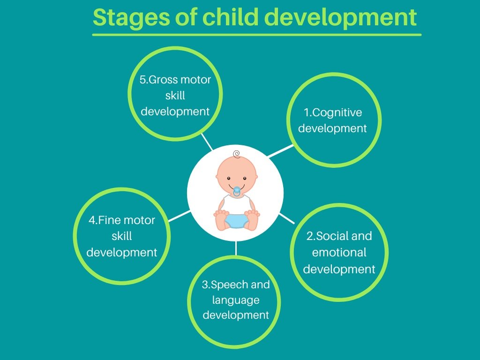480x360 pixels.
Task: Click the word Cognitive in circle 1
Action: coord(337,112)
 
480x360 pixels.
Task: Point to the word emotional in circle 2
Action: coord(339,252)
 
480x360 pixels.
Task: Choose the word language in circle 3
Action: coord(236,300)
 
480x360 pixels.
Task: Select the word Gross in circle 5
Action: coord(165,79)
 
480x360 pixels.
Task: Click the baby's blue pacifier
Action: coord(237,191)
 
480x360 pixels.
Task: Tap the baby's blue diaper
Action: coord(236,219)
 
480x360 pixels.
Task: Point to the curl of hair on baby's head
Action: coord(236,153)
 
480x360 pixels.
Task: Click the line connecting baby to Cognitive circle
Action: coord(279,151)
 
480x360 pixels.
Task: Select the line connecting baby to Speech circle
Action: coord(236,248)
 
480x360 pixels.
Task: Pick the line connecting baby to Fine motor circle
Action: coord(179,216)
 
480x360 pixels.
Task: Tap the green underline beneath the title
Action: coord(256,34)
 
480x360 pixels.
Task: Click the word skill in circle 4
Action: coord(121,236)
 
